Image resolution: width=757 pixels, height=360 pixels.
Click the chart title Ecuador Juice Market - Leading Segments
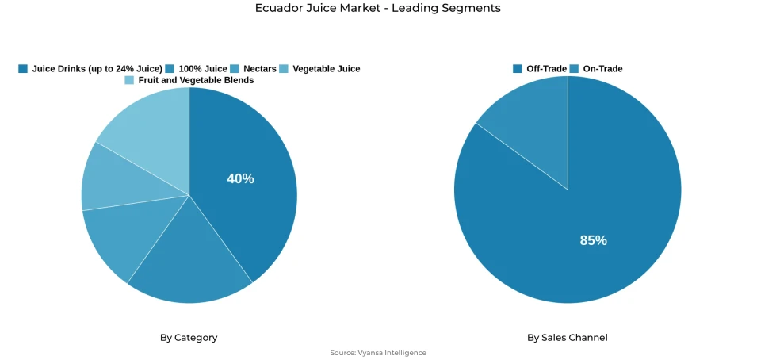coord(378,8)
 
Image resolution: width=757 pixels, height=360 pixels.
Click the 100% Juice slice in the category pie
coord(190,262)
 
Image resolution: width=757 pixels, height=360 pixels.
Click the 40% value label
coord(240,179)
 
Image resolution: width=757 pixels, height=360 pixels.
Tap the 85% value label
coord(594,240)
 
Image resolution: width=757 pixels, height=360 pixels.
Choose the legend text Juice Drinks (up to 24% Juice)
coord(97,69)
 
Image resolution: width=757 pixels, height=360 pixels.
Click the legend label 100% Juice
coord(203,69)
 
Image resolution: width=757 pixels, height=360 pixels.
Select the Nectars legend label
coord(260,69)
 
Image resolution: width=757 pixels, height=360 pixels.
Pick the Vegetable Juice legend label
coord(326,69)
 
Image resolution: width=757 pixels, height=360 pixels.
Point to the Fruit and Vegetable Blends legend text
coord(196,80)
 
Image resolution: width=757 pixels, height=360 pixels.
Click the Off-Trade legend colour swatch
coord(518,69)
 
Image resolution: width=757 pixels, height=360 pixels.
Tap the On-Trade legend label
coord(602,69)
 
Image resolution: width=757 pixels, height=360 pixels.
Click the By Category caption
coord(189,338)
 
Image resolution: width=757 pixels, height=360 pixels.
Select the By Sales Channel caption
coord(568,338)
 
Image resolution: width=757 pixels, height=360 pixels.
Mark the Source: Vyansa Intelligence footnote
coord(378,353)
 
